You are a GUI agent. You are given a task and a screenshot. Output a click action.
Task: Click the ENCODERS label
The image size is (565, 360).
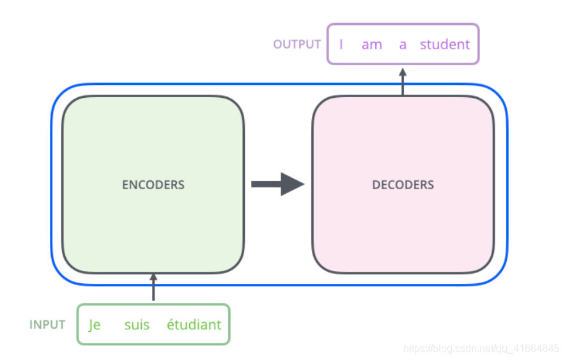(153, 185)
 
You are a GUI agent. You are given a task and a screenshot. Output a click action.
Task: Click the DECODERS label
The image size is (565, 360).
(403, 185)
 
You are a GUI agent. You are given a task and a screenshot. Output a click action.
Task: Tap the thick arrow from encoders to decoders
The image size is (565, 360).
(277, 184)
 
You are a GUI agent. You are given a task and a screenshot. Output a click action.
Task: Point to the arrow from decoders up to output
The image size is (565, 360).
(403, 81)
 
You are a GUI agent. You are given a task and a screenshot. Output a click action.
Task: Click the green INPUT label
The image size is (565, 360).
(47, 324)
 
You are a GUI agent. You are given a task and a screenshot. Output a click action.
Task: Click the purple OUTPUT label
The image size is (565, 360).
(297, 44)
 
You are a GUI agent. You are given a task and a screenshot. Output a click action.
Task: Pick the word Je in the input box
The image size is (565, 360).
(95, 325)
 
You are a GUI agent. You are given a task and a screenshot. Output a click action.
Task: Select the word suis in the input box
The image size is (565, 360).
(137, 325)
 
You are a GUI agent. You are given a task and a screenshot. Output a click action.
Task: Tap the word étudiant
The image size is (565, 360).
(194, 325)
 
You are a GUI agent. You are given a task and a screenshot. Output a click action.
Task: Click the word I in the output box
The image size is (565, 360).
(341, 45)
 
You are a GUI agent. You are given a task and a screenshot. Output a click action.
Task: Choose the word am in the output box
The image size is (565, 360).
(371, 45)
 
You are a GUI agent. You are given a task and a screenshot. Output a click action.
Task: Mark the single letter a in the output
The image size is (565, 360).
(403, 45)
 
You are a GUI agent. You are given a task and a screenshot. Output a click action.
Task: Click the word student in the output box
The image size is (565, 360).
(445, 45)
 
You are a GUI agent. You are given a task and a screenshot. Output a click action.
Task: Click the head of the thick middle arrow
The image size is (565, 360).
(293, 184)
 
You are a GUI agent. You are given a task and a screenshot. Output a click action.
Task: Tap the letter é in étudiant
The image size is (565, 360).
(171, 325)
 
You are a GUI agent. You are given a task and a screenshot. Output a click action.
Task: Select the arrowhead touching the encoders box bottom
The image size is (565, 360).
(153, 277)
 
